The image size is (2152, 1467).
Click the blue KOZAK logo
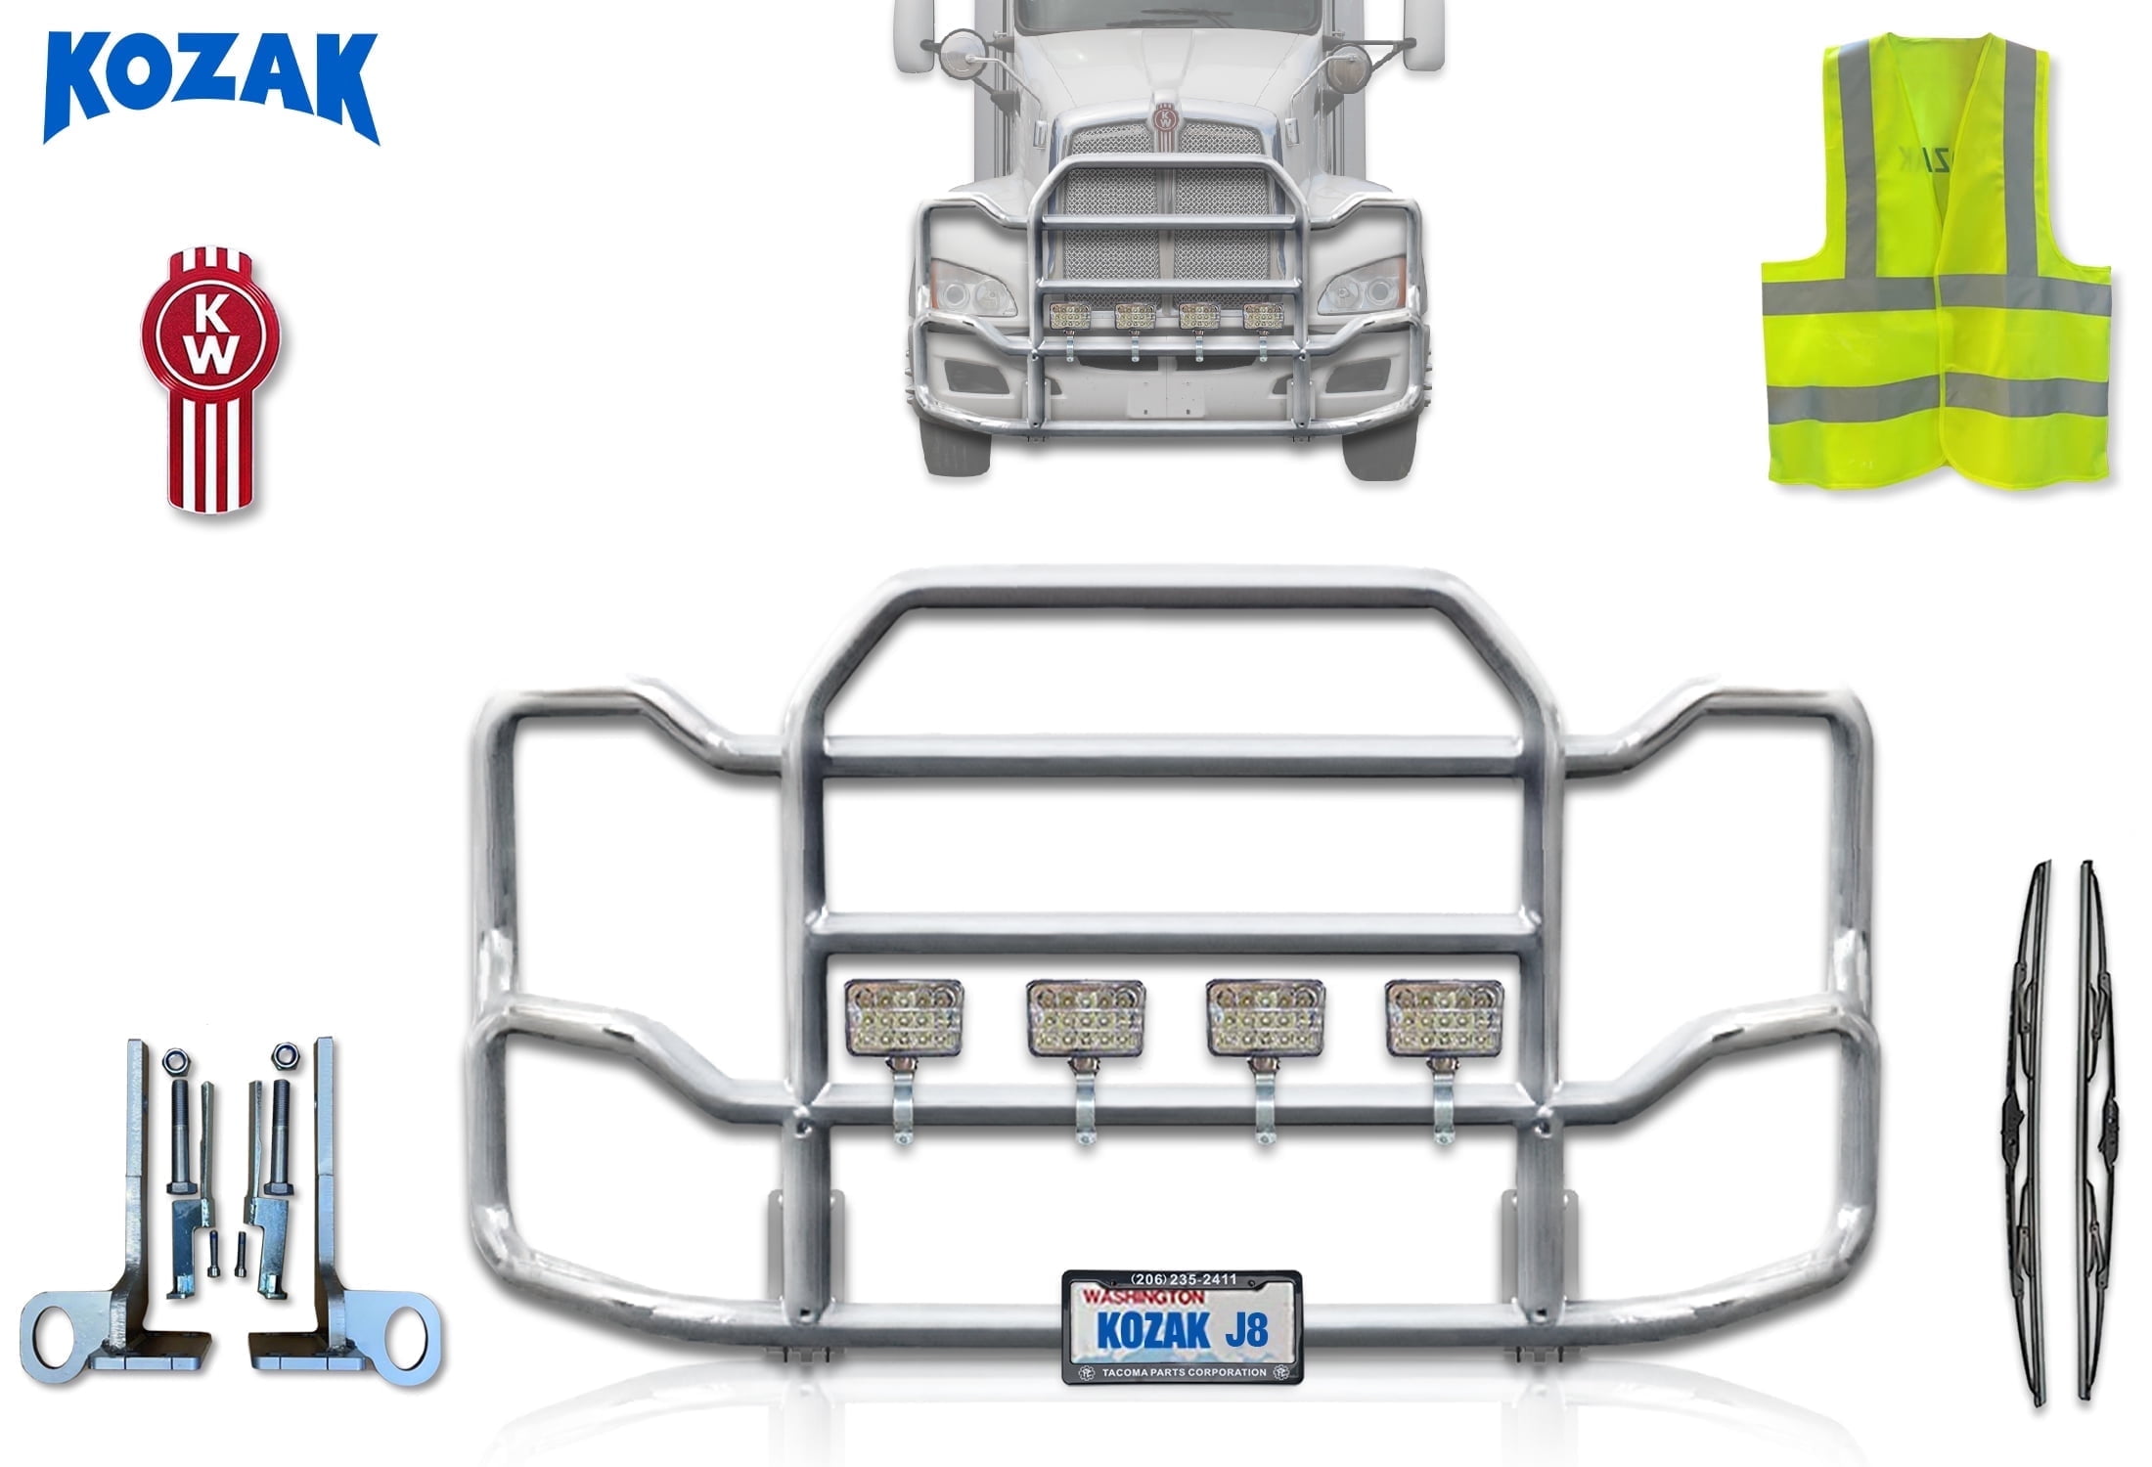[x=210, y=88]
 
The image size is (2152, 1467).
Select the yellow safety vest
[x=1935, y=264]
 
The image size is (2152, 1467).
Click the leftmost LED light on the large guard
[x=904, y=1018]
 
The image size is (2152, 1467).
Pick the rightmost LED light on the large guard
[x=1444, y=1018]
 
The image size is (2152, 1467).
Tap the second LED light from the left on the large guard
[x=1085, y=1018]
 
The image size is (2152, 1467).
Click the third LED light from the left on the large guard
[x=1265, y=1018]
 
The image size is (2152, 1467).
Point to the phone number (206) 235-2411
[x=1184, y=1279]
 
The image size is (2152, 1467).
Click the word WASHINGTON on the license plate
[x=1143, y=1297]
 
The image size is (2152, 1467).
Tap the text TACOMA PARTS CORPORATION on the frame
[x=1184, y=1372]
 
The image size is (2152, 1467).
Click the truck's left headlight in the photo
[x=972, y=289]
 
